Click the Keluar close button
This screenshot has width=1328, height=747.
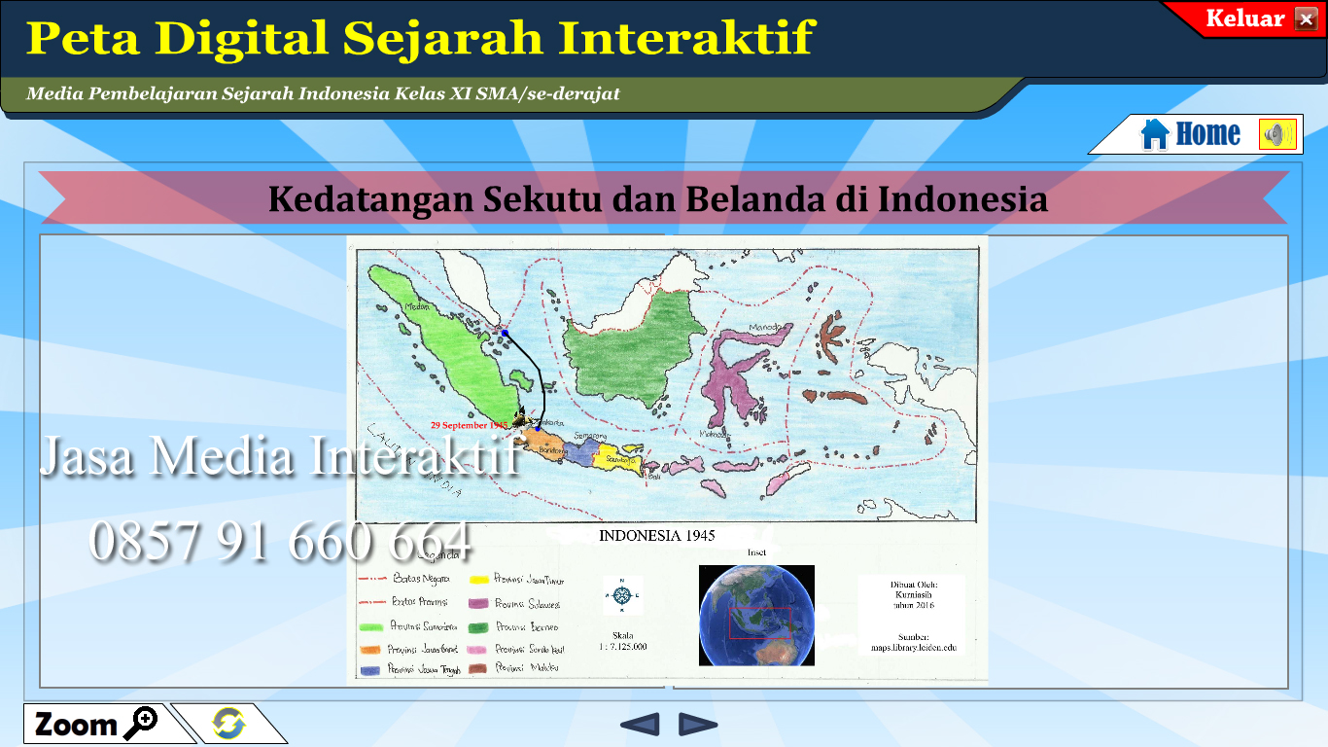click(x=1305, y=19)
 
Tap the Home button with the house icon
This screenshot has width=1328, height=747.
click(x=1192, y=134)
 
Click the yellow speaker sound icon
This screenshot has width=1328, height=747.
click(x=1277, y=134)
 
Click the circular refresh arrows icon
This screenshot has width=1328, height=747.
click(x=228, y=724)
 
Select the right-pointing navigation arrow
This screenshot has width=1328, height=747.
click(x=698, y=724)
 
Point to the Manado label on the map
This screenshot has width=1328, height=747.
click(x=766, y=329)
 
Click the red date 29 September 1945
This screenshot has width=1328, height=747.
click(x=469, y=425)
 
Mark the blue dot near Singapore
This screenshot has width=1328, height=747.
click(x=505, y=333)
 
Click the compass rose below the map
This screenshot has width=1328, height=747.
click(x=622, y=594)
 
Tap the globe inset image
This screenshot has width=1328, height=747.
click(x=756, y=615)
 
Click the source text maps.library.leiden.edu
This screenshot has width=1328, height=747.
click(x=911, y=646)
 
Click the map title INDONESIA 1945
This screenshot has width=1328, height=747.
click(x=657, y=535)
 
